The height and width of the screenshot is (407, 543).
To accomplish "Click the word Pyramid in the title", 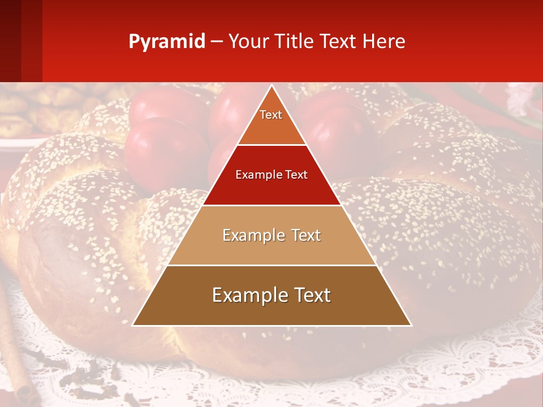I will pyautogui.click(x=166, y=42).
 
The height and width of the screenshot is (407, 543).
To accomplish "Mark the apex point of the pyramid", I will pyautogui.click(x=272, y=86).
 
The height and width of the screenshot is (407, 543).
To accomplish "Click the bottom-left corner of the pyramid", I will pyautogui.click(x=133, y=325).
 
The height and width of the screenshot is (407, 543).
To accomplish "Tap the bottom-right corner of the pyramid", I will pyautogui.click(x=411, y=325).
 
